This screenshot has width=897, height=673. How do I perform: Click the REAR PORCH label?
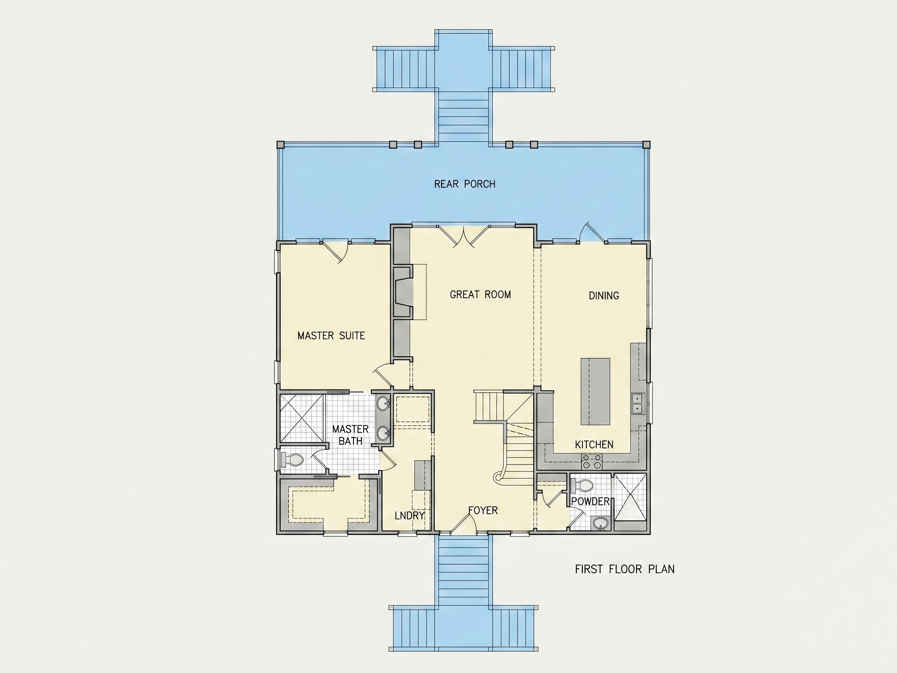tap(465, 184)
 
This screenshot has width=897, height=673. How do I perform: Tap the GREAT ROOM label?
tap(480, 294)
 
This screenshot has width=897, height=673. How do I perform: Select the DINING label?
tap(604, 296)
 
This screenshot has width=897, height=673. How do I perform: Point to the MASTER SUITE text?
tap(331, 335)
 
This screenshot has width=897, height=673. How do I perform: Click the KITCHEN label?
tap(594, 445)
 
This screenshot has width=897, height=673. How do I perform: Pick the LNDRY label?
tap(410, 516)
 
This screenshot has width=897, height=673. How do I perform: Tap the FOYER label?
tap(483, 510)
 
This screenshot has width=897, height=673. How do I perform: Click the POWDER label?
tap(591, 501)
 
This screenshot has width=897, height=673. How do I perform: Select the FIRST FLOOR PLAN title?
tap(624, 569)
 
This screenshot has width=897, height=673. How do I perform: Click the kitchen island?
tap(595, 391)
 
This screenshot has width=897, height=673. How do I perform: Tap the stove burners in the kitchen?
tap(592, 462)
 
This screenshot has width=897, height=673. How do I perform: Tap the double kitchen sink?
tap(637, 403)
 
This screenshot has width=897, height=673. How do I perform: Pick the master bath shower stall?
tap(302, 418)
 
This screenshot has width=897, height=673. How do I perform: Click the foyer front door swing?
tap(464, 521)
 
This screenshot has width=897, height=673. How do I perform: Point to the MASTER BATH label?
tap(350, 435)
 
